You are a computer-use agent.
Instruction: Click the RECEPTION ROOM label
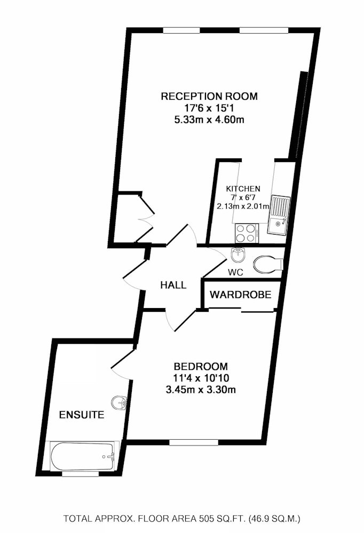[x=209, y=96]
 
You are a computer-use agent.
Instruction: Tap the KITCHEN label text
[x=243, y=188]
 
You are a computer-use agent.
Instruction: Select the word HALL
[x=173, y=285]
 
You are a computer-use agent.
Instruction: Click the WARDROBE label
[x=240, y=294]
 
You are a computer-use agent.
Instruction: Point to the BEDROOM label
[x=201, y=367]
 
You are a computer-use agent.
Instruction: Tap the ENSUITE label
[x=82, y=415]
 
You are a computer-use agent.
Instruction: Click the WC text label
[x=235, y=272]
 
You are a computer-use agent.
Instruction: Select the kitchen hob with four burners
[x=247, y=233]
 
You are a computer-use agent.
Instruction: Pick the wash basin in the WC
[x=238, y=255]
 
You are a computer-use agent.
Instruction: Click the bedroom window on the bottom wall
[x=194, y=442]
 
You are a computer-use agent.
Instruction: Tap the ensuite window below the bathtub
[x=81, y=473]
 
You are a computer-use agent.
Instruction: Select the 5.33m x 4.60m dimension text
[x=209, y=120]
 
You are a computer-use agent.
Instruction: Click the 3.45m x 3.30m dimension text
[x=201, y=390]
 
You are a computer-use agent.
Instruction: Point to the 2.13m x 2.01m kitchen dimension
[x=243, y=206]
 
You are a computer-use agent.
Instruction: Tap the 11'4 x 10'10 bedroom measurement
[x=201, y=378]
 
